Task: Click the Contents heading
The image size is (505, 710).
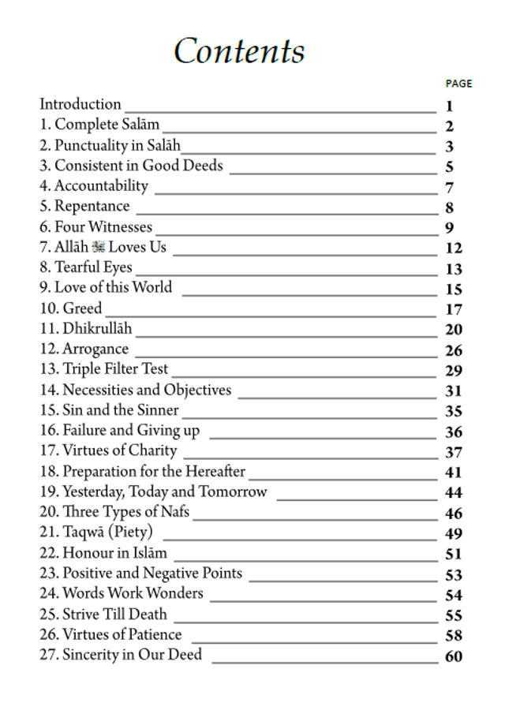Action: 239,52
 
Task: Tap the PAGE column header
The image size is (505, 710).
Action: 458,84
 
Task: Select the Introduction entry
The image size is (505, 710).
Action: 80,104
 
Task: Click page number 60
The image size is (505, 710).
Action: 454,656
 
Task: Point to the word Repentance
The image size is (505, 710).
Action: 92,207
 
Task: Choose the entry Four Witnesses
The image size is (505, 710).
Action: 95,227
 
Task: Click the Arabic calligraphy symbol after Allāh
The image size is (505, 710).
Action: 99,248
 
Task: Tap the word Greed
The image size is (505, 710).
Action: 82,308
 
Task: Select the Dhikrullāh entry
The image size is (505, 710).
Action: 86,329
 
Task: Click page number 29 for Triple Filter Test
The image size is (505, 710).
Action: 454,371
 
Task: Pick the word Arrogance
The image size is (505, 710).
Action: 95,349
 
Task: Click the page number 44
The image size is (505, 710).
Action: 454,493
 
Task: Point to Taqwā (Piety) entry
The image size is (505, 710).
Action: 96,532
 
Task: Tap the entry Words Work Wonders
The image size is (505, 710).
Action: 122,593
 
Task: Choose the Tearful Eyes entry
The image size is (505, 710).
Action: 86,267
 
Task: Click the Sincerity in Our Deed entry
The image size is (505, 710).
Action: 121,655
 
